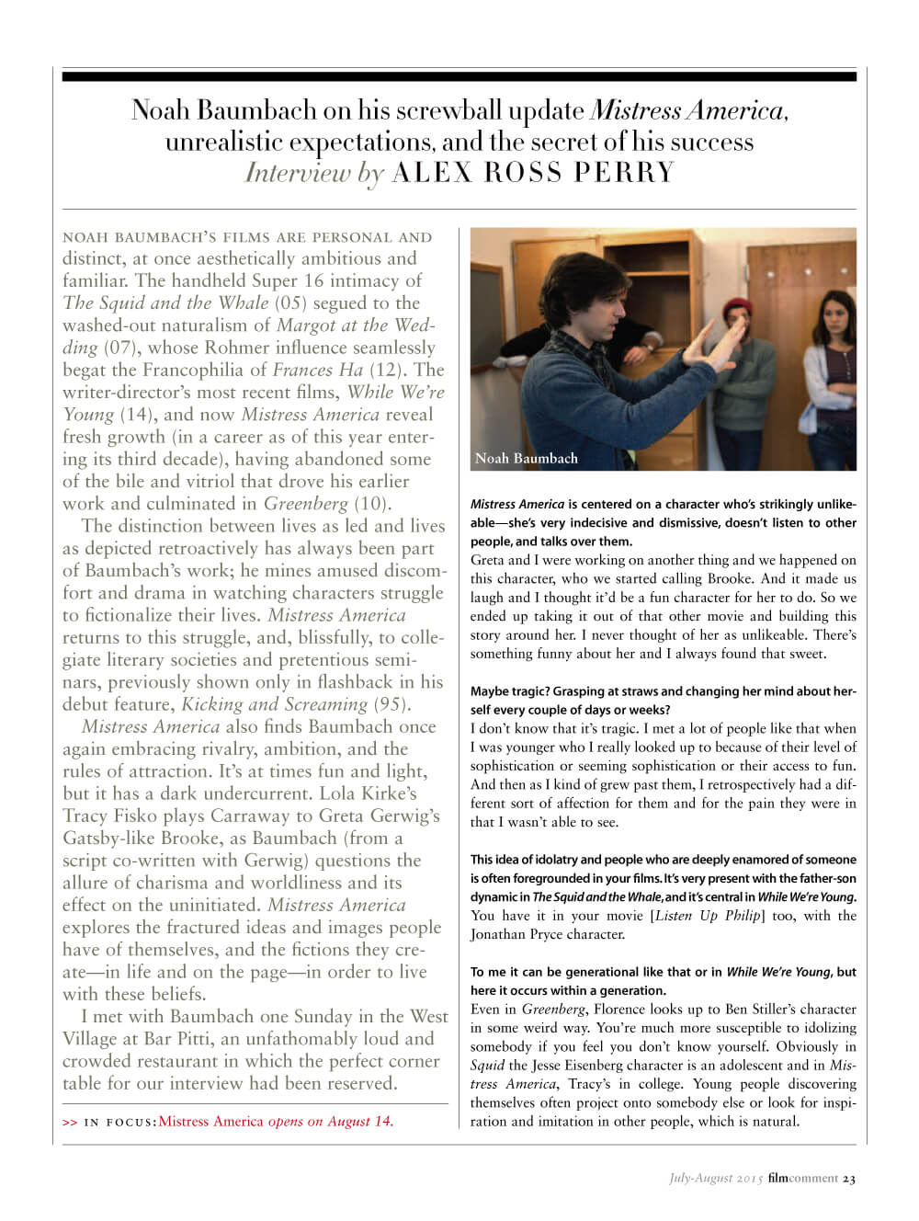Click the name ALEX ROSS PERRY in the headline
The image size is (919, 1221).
(x=533, y=173)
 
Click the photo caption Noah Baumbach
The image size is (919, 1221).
(x=527, y=458)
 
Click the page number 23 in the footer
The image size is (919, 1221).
(x=849, y=1178)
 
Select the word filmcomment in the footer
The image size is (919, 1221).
(x=803, y=1178)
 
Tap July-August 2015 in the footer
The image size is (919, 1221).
(x=716, y=1178)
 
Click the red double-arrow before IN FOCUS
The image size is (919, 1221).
(x=70, y=1122)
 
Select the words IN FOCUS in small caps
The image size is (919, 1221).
(x=119, y=1122)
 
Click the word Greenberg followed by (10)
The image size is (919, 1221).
(x=305, y=503)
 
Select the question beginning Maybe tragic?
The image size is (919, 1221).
(x=663, y=701)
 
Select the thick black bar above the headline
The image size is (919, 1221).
(x=459, y=77)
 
